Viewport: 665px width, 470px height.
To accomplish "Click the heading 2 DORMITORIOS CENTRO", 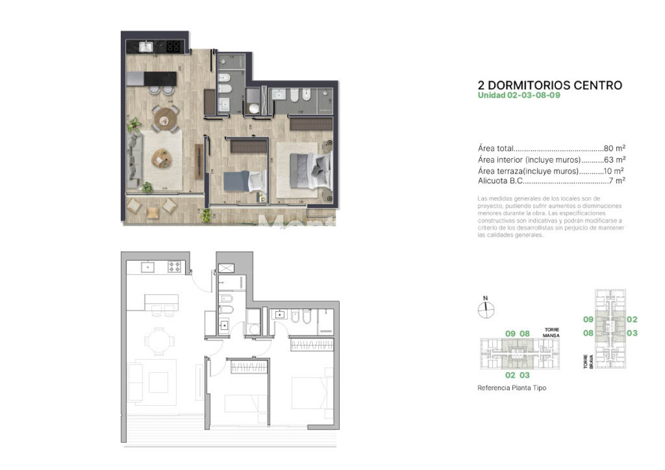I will click(550, 85).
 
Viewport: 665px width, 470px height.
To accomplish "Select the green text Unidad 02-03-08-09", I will click(519, 95).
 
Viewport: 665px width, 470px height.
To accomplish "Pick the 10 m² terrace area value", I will click(615, 171).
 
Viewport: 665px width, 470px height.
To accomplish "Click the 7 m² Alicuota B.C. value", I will click(617, 180).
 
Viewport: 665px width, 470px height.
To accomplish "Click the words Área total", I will click(495, 148).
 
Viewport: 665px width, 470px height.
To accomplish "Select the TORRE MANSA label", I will click(551, 333).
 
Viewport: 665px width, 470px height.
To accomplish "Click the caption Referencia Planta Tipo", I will click(511, 388).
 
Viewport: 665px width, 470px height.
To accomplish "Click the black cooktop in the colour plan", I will click(173, 47).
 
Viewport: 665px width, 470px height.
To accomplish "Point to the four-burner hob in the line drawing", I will click(175, 267).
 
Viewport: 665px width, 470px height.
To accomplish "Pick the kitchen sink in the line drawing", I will click(148, 267).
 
